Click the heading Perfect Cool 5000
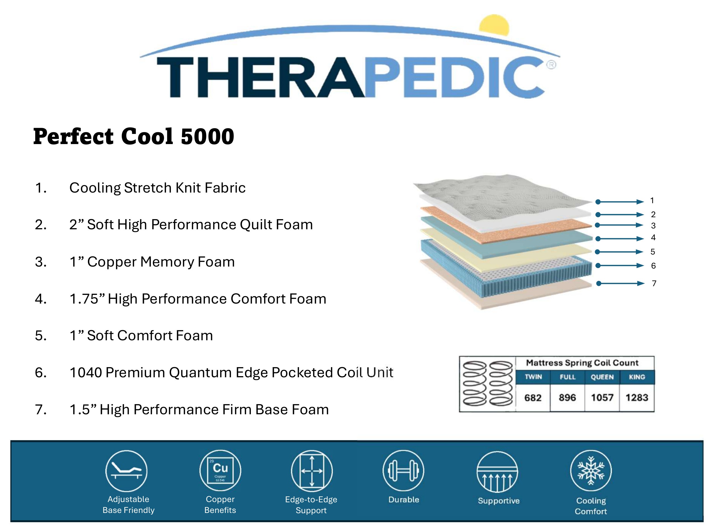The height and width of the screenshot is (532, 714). click(x=134, y=136)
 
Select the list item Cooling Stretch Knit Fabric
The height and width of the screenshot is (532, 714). click(x=157, y=188)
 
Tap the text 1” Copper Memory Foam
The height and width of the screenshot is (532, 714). click(x=152, y=262)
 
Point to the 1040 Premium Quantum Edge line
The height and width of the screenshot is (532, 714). click(x=231, y=373)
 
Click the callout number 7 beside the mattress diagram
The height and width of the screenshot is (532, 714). click(x=654, y=283)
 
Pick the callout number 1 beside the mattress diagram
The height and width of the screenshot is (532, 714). click(x=652, y=201)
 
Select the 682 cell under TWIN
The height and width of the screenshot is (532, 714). click(x=533, y=398)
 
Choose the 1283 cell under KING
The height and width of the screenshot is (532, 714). click(x=637, y=398)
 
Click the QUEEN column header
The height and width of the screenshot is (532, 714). click(x=602, y=377)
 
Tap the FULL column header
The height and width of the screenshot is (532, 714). click(x=568, y=377)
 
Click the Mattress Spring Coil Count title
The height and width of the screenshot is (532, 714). click(x=582, y=363)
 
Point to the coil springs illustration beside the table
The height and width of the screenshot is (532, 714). click(x=487, y=383)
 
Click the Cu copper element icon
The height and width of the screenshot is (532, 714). click(x=220, y=471)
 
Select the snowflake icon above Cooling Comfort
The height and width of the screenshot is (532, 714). click(x=591, y=471)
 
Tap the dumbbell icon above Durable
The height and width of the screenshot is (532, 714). click(x=403, y=471)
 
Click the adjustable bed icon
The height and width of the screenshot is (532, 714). click(x=126, y=471)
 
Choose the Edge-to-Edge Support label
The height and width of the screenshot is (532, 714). click(x=311, y=505)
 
